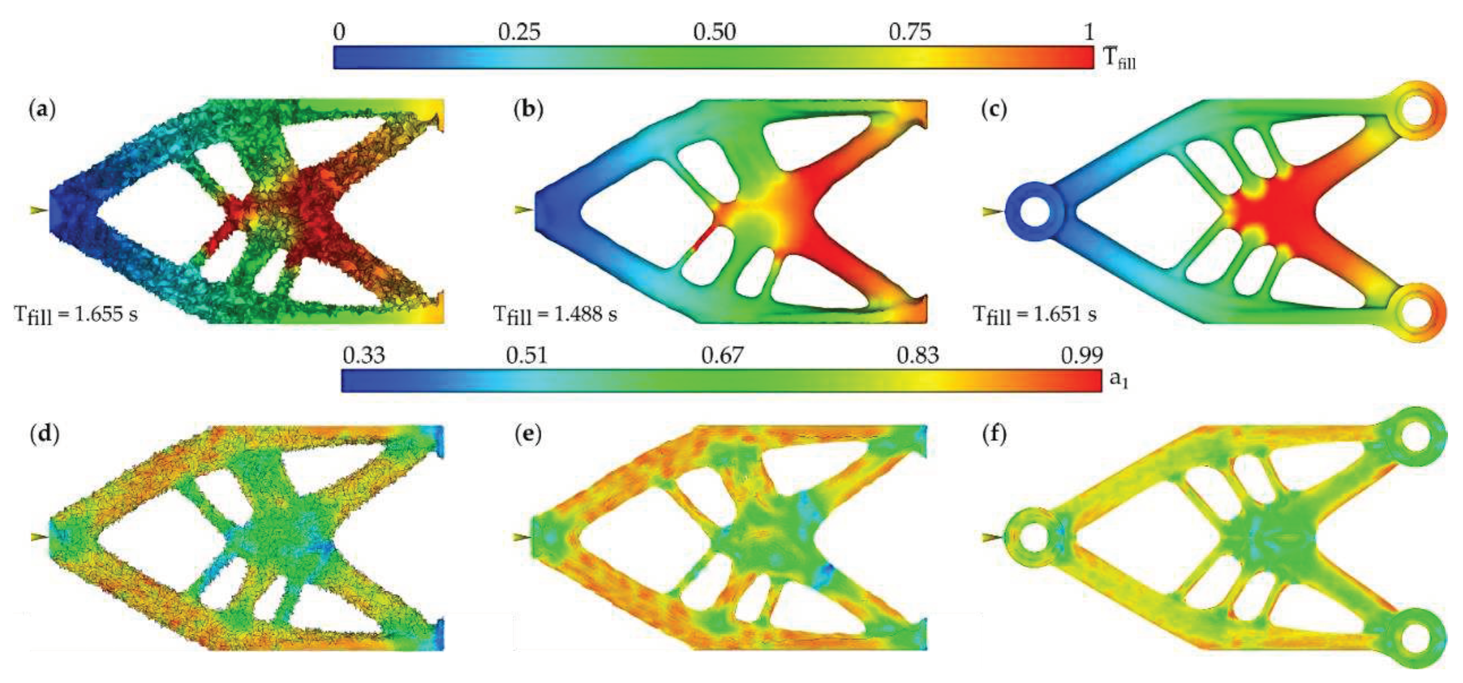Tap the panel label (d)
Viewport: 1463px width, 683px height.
[x=44, y=435]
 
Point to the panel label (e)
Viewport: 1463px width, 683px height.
[x=528, y=435]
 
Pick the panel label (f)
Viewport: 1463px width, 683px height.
[x=994, y=435]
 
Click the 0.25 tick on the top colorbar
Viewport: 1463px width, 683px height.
[x=519, y=32]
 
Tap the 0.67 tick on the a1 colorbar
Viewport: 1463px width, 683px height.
[x=722, y=356]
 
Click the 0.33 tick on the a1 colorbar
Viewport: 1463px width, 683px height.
[x=364, y=356]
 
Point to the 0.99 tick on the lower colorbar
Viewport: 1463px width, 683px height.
[x=1082, y=356]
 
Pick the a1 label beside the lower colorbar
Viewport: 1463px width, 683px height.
[x=1118, y=380]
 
